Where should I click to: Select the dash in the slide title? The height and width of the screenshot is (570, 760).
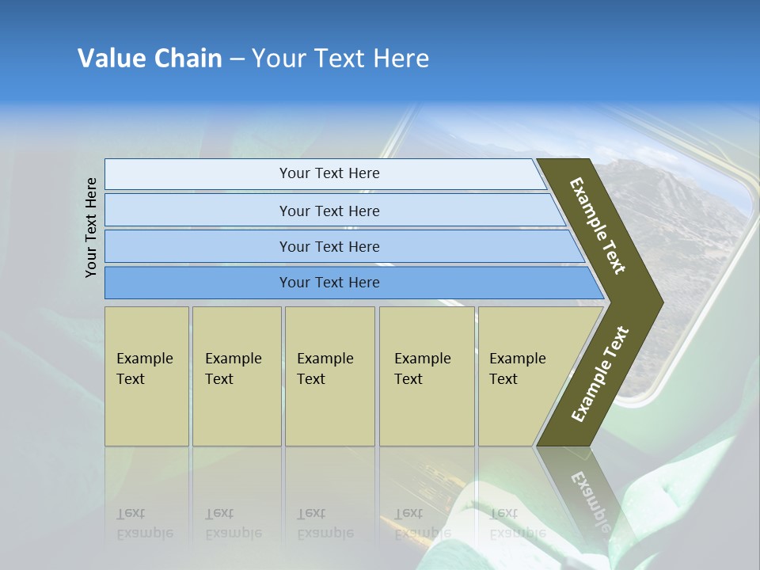tap(237, 59)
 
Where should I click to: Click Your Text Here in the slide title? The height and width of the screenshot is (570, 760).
tap(340, 59)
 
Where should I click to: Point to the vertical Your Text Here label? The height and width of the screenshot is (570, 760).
tap(91, 228)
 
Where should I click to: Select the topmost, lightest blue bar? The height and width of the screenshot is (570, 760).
tap(329, 173)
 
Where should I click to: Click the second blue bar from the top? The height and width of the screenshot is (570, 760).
tap(329, 211)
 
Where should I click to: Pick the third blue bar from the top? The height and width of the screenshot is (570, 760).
tap(329, 246)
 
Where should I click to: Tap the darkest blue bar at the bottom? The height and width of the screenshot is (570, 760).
tap(329, 283)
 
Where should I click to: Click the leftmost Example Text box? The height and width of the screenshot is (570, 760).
tap(146, 376)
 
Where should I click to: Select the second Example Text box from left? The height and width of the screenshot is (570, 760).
tap(236, 376)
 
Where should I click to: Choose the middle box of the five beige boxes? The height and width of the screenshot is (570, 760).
tap(329, 376)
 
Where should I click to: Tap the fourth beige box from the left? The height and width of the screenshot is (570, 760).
tap(427, 376)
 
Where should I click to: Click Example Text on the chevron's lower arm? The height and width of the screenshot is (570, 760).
tap(600, 374)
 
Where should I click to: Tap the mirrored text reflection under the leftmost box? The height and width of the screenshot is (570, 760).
tap(145, 523)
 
